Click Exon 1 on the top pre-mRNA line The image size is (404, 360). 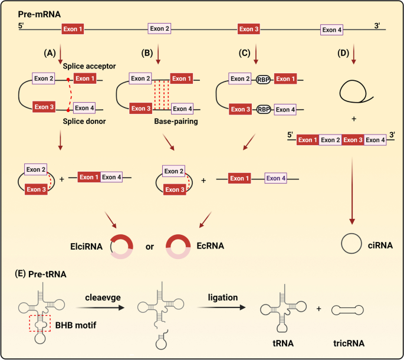73,28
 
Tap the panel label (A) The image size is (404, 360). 51,53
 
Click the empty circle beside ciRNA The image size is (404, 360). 352,243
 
